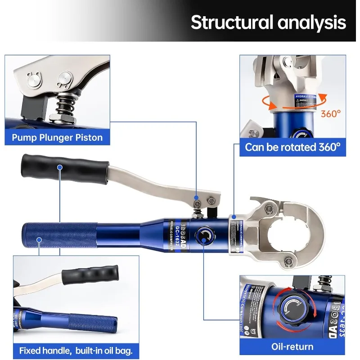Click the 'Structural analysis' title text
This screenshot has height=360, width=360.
268,22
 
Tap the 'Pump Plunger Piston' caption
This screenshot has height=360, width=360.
58,137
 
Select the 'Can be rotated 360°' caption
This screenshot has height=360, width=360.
292,147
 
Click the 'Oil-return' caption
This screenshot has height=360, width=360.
292,346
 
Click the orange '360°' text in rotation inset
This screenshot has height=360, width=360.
331,114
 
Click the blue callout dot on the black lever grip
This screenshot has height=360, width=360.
60,167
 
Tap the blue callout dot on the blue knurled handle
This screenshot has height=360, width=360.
39,239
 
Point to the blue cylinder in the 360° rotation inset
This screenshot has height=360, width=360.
290,124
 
